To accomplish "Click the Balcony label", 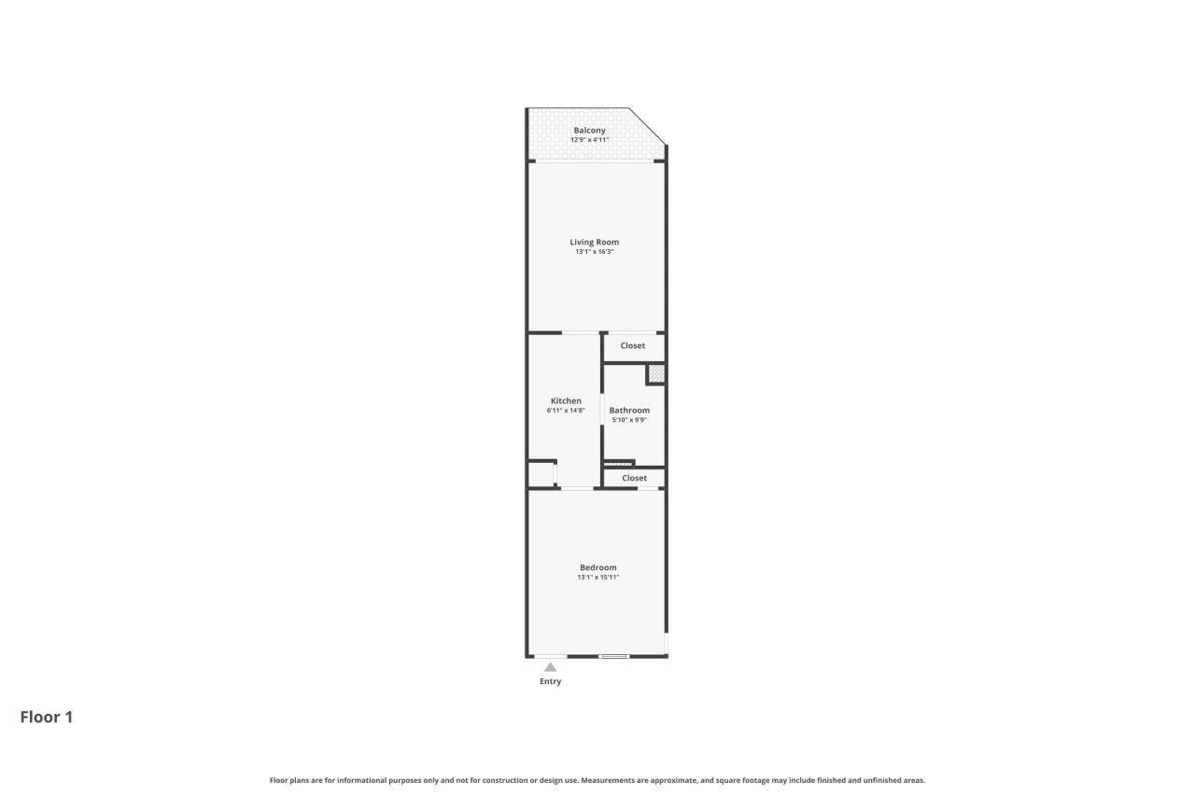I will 589,131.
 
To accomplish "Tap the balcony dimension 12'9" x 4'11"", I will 589,140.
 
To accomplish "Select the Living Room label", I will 595,243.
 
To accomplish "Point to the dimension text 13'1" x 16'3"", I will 595,252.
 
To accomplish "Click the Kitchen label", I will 566,401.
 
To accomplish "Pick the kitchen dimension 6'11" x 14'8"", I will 566,411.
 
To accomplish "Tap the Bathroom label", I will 629,411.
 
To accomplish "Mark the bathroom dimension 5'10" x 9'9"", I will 629,420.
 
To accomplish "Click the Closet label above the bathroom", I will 633,346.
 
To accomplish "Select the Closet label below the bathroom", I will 634,478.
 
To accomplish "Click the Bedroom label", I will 598,567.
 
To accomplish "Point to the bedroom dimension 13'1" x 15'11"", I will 598,578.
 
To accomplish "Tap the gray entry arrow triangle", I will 551,667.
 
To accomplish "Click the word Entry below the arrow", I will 551,682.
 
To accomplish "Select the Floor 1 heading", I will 47,718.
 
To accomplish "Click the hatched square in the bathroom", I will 656,374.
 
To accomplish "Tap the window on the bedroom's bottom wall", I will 613,657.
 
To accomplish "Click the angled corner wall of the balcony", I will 648,126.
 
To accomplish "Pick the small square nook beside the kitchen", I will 541,474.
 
